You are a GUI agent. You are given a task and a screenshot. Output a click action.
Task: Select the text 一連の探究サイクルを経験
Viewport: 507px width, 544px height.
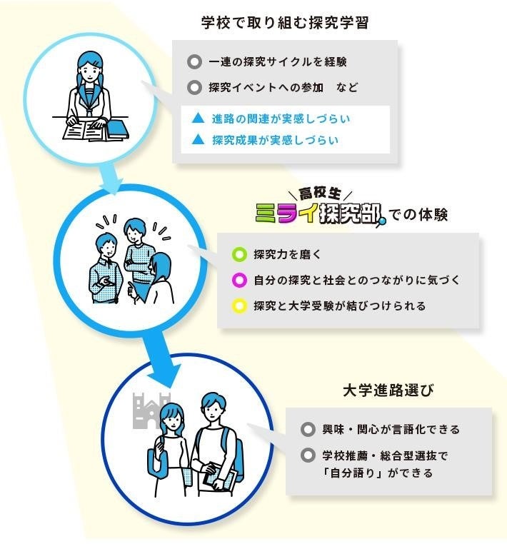point(277,62)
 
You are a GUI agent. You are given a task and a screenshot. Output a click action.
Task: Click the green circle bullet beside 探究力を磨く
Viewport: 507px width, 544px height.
point(239,254)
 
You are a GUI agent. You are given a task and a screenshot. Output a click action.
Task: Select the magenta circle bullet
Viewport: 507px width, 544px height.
point(239,280)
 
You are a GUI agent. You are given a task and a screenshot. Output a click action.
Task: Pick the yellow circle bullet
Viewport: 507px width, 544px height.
point(239,306)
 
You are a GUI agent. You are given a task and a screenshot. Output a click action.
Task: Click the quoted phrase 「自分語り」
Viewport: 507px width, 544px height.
point(351,473)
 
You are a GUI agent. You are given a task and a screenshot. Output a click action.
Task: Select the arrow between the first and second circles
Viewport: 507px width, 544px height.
point(108,179)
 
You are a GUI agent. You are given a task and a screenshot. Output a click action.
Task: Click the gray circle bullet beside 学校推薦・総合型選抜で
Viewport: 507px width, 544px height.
point(308,455)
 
